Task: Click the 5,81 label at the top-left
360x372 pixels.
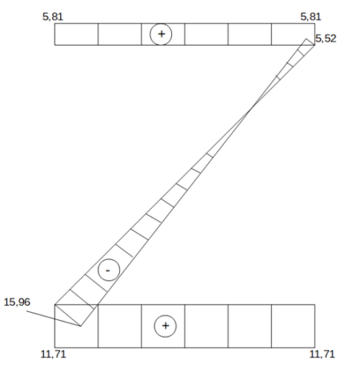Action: [53, 17]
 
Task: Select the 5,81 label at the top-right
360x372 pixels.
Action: [310, 17]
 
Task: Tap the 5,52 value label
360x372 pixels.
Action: [326, 38]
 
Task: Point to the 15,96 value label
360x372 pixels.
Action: [17, 302]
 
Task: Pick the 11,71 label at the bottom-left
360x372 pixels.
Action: [53, 354]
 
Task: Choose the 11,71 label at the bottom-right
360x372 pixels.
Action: [322, 354]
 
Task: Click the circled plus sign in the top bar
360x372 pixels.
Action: [161, 34]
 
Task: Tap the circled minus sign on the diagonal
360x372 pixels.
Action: [109, 270]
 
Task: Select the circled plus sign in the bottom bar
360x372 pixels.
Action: [166, 326]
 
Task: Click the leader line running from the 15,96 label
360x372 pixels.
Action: [54, 318]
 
